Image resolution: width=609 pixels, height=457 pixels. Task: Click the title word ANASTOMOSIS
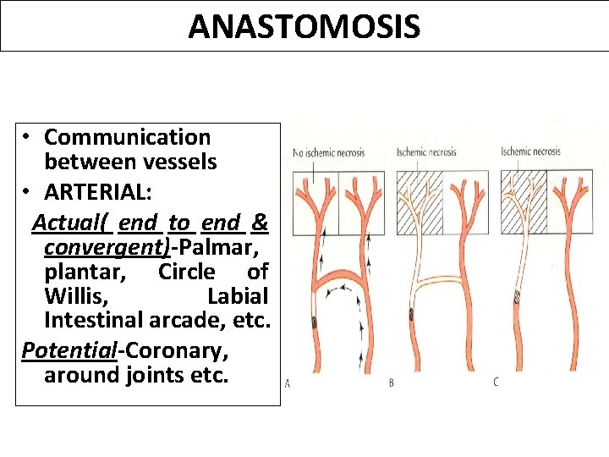304,26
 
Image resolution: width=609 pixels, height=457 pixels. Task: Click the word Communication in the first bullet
127,137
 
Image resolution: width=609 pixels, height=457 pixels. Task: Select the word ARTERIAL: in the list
98,192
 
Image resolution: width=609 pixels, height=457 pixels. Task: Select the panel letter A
288,383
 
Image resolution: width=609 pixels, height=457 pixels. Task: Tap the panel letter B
391,383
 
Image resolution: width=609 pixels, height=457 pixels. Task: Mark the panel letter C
496,383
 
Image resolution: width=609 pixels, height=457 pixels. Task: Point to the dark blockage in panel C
518,296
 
